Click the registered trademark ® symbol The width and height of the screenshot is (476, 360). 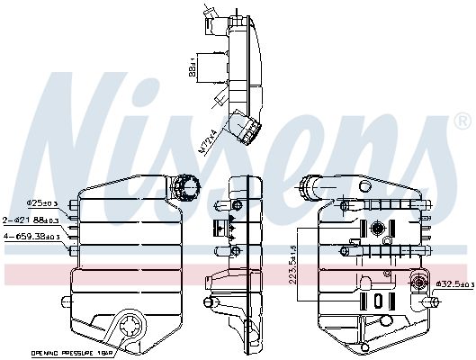click(461, 119)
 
